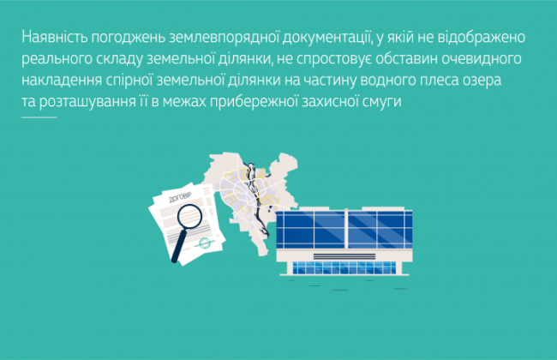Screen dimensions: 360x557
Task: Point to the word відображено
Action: (x=487, y=39)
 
